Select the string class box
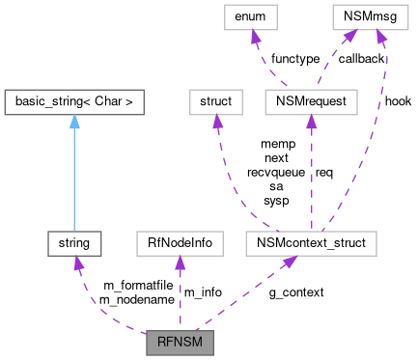point(73,244)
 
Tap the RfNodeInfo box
point(180,244)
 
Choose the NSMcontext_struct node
point(311,244)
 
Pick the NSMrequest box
point(311,99)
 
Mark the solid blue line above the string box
point(73,183)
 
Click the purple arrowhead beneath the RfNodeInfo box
point(180,263)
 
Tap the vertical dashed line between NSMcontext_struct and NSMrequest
point(311,174)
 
